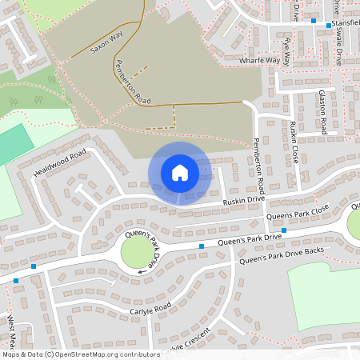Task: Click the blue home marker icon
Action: (180, 173)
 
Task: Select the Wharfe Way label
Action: (260, 60)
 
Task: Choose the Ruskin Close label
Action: (295, 142)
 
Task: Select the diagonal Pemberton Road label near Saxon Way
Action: (133, 82)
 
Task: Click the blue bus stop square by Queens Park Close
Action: (284, 230)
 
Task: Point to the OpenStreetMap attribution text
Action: (81, 354)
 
